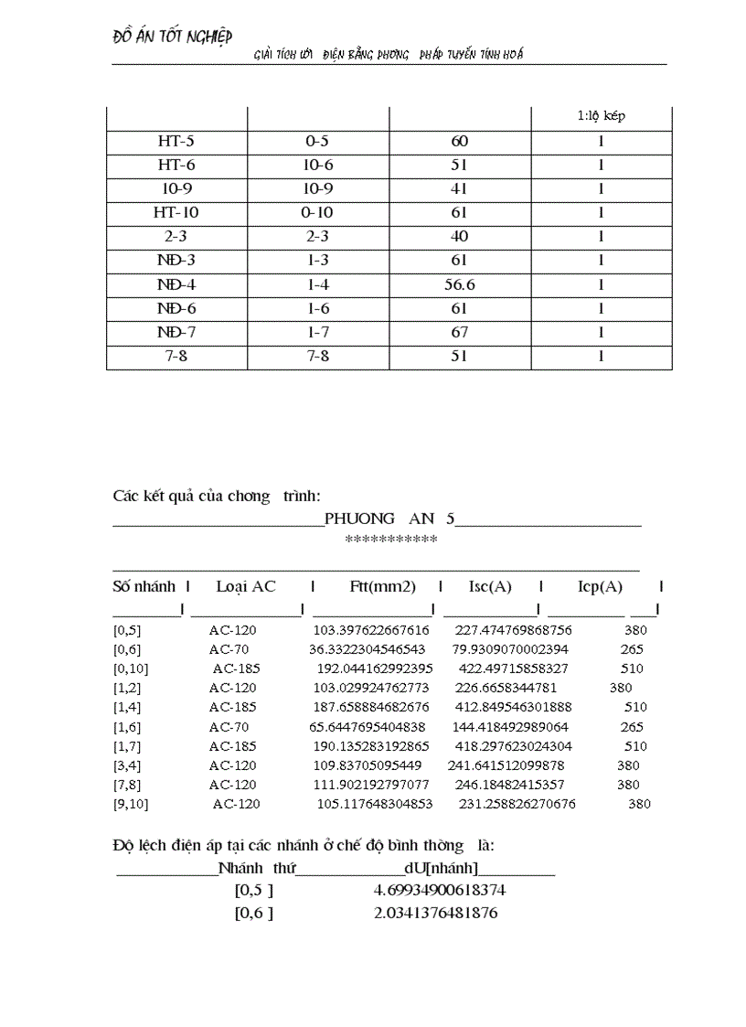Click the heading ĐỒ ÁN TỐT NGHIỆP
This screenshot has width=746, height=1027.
pyautogui.click(x=172, y=37)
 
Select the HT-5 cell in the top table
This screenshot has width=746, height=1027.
pyautogui.click(x=176, y=142)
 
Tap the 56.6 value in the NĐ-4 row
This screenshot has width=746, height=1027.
pyautogui.click(x=459, y=284)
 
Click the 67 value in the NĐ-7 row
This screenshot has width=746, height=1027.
pyautogui.click(x=459, y=332)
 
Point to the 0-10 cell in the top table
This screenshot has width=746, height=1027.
pyautogui.click(x=318, y=213)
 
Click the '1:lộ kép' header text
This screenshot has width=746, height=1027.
pyautogui.click(x=601, y=116)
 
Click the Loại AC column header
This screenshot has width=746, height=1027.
pyautogui.click(x=246, y=586)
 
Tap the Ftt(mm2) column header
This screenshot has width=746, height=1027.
pyautogui.click(x=382, y=586)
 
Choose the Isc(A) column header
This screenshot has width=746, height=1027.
pyautogui.click(x=490, y=586)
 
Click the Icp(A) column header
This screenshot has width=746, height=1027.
pyautogui.click(x=600, y=586)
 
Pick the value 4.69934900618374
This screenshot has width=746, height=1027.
pyautogui.click(x=440, y=890)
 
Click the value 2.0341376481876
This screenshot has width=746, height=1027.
pyautogui.click(x=436, y=913)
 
